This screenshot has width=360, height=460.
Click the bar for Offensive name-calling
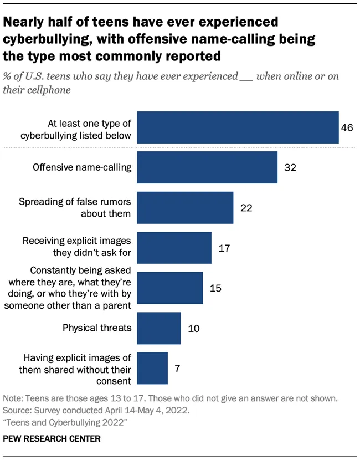207,167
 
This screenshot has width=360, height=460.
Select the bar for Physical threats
158,328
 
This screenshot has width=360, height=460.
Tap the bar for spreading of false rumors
184,207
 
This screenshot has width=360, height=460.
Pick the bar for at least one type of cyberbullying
238,127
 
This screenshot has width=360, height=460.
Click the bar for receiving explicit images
173,248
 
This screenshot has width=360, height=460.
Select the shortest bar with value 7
152,367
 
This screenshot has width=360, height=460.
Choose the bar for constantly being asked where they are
169,288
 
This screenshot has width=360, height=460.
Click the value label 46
347,127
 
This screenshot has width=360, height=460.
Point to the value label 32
290,167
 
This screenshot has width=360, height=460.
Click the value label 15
215,288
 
